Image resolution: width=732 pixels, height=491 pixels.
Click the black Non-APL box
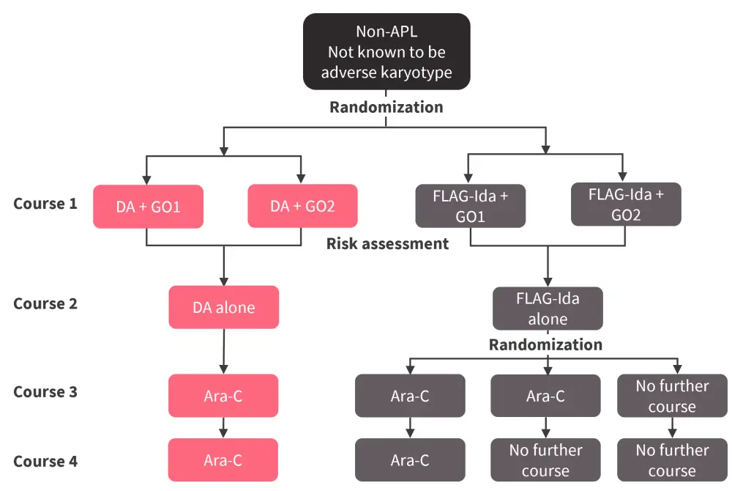pyautogui.click(x=386, y=51)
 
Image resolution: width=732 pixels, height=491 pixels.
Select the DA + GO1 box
pyautogui.click(x=148, y=207)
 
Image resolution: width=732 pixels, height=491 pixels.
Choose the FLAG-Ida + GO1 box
pyautogui.click(x=469, y=205)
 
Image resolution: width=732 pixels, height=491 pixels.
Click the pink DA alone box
pyautogui.click(x=223, y=307)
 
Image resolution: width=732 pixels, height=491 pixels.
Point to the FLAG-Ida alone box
pyautogui.click(x=548, y=309)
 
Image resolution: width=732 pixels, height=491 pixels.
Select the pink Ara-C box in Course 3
pyautogui.click(x=223, y=396)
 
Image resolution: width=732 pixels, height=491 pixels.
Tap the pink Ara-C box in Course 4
pyautogui.click(x=223, y=460)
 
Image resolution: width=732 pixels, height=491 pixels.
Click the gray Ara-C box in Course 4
pyautogui.click(x=410, y=460)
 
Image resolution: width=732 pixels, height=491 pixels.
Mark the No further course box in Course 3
pyautogui.click(x=672, y=396)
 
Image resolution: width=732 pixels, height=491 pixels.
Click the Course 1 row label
pyautogui.click(x=45, y=204)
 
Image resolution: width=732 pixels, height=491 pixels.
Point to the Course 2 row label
pyautogui.click(x=45, y=303)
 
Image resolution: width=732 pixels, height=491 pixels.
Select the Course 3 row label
pyautogui.click(x=45, y=392)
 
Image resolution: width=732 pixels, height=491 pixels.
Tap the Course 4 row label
pyautogui.click(x=45, y=462)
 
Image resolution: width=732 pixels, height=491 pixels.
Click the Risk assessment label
pyautogui.click(x=387, y=244)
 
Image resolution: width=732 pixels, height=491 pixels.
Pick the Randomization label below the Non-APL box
pyautogui.click(x=386, y=108)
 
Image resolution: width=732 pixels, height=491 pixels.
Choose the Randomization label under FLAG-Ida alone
pyautogui.click(x=545, y=344)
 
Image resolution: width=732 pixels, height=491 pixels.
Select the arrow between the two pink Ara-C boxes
pyautogui.click(x=223, y=428)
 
